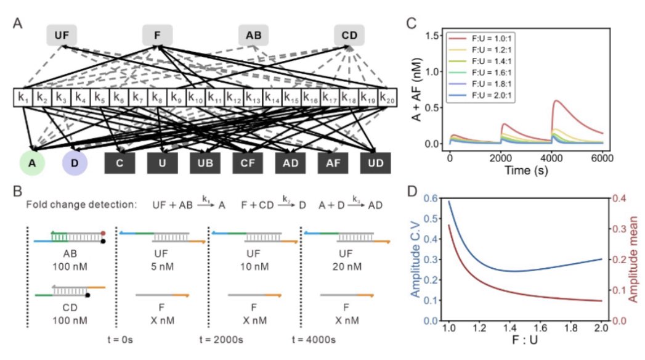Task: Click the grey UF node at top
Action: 62,35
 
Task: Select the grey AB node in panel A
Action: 253,35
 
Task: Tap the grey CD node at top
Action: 349,35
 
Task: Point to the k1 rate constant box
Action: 23,97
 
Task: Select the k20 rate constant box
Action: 386,97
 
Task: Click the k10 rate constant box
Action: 195,97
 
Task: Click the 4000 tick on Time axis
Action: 551,158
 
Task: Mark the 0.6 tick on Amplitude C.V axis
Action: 434,198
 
